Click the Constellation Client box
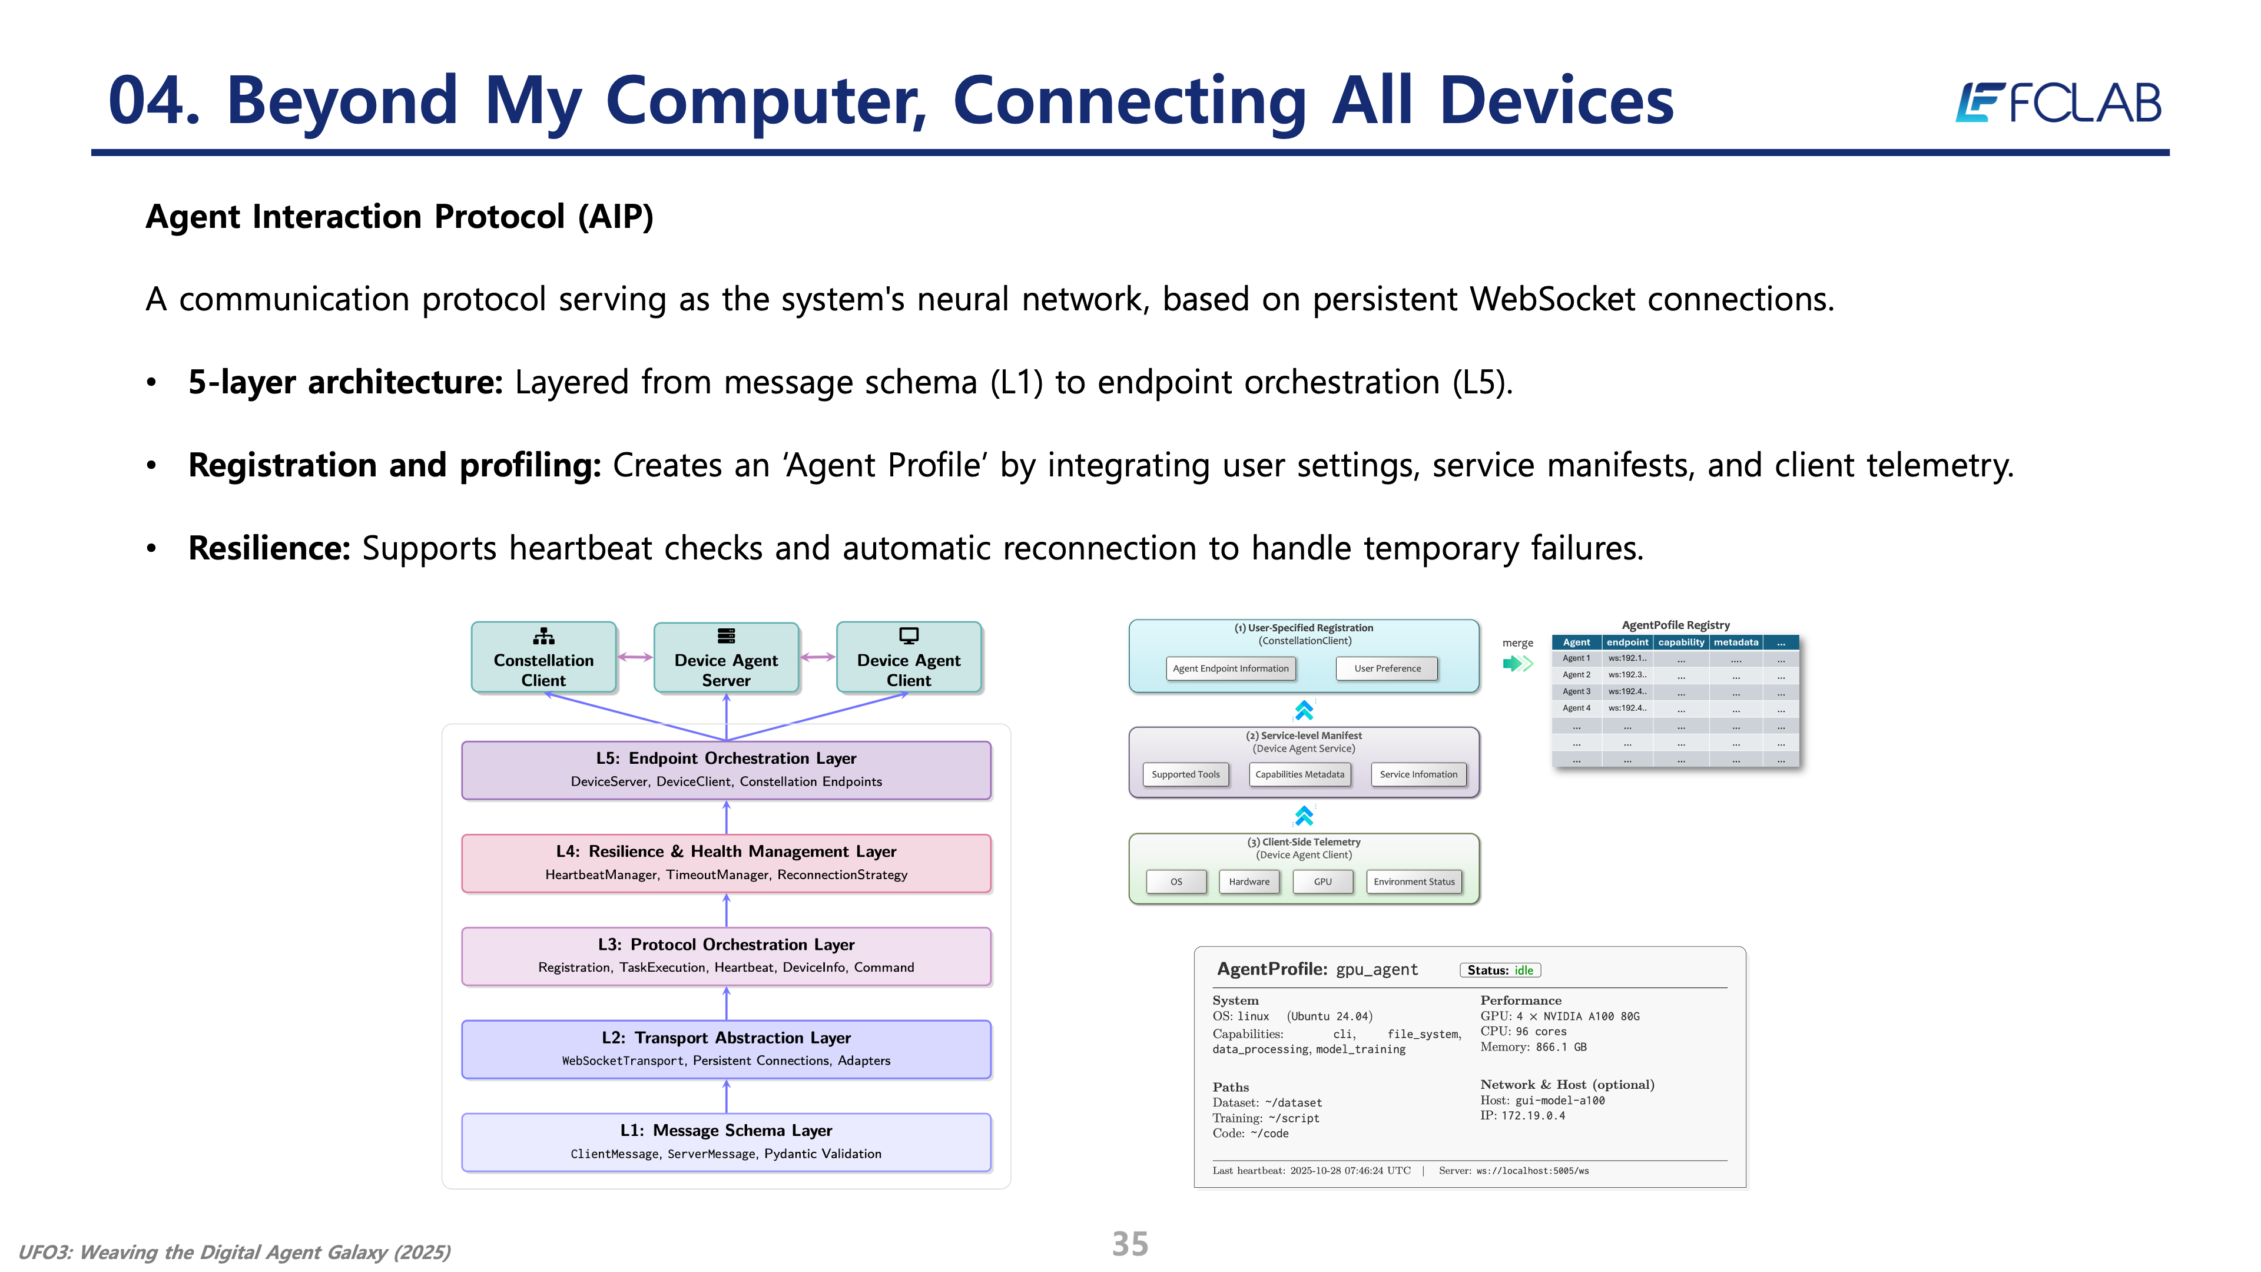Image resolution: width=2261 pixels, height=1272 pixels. click(543, 658)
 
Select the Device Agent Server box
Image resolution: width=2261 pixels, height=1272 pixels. click(726, 658)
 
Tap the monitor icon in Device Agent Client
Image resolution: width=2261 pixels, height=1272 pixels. click(909, 635)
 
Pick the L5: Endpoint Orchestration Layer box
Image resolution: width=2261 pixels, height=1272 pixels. click(726, 770)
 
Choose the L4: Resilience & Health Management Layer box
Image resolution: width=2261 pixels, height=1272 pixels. click(726, 863)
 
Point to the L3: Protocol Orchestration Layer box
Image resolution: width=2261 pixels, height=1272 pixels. click(726, 956)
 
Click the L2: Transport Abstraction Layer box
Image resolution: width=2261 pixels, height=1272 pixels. click(726, 1049)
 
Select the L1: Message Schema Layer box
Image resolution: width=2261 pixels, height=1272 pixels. click(726, 1142)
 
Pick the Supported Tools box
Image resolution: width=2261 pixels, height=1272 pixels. click(1185, 774)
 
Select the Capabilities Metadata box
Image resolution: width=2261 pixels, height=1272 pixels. click(1299, 774)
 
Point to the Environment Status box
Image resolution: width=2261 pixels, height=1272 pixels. click(1414, 882)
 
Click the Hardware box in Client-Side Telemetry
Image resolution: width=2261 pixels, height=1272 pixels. click(1249, 882)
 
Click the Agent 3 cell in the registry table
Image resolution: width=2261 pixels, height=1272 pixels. click(1576, 692)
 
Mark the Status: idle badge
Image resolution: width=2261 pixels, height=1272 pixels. click(1500, 970)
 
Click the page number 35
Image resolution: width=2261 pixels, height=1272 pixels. click(1130, 1244)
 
